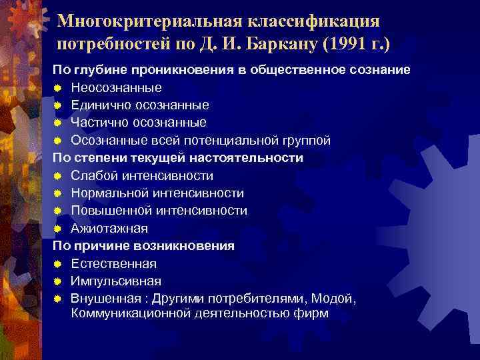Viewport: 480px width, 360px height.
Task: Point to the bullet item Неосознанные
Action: [117, 87]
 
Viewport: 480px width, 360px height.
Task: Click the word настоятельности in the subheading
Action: [247, 157]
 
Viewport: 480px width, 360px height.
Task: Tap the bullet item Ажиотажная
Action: [110, 228]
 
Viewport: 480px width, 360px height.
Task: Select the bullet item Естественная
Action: [114, 263]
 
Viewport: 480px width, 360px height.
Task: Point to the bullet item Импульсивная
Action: [116, 281]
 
